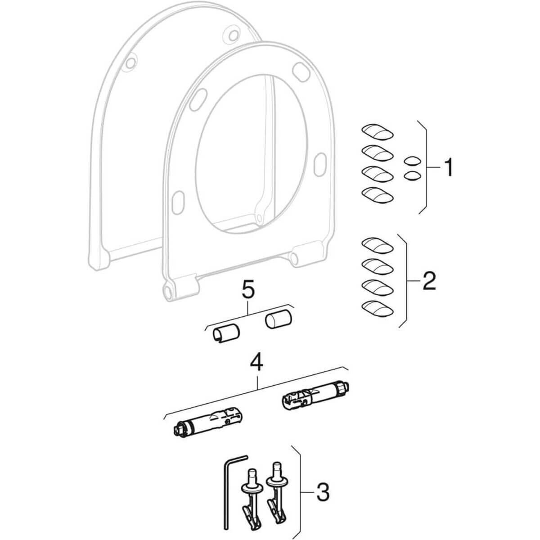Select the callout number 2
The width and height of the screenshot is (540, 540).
[428, 282]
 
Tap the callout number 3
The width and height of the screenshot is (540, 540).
[322, 493]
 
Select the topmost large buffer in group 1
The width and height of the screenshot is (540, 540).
[378, 133]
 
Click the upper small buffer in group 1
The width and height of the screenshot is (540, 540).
[412, 161]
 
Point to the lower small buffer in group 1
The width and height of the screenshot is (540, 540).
[412, 175]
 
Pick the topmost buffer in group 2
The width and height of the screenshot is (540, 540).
[378, 246]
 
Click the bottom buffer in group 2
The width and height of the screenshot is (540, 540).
[378, 308]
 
